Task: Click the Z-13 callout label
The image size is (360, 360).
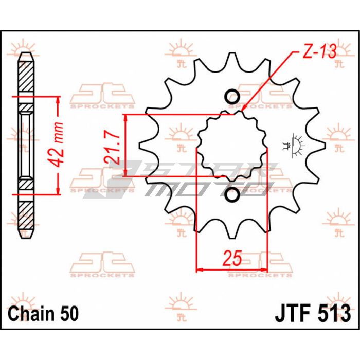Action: [319, 51]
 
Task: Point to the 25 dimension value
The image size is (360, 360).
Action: [232, 259]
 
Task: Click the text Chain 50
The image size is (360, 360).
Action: [43, 313]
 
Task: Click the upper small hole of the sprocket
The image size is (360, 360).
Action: [232, 96]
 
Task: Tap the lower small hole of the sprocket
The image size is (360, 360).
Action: [232, 195]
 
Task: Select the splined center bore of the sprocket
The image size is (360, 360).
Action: [232, 146]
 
